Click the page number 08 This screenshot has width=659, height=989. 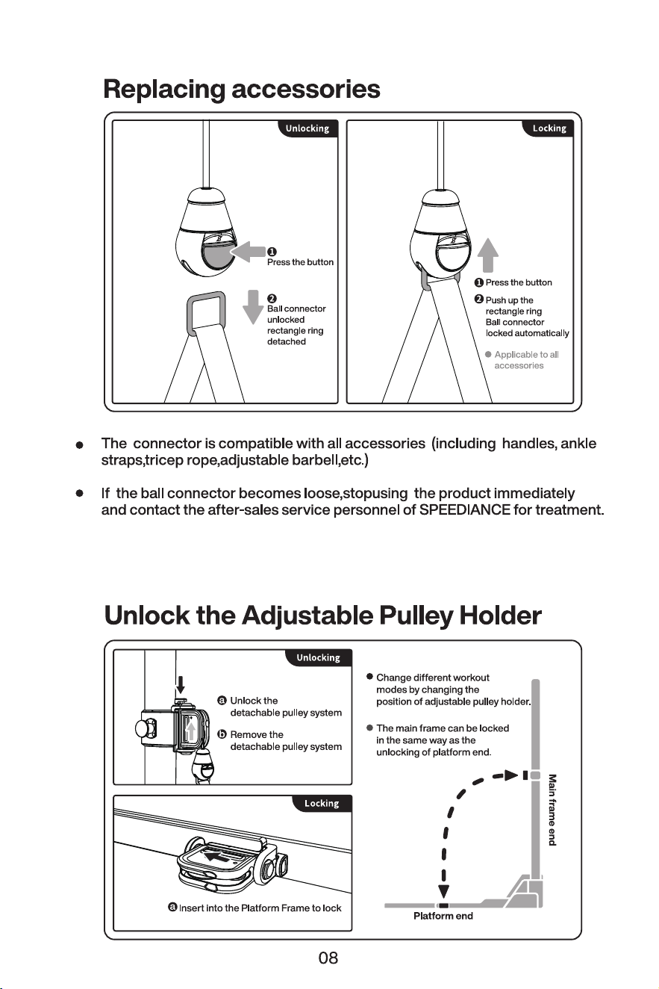tap(328, 958)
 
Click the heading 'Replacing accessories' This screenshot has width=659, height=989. tap(241, 90)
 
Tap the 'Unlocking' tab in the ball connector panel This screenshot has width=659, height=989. tap(307, 128)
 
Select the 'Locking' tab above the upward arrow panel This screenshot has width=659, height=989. tap(549, 128)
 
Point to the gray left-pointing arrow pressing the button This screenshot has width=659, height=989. tap(248, 252)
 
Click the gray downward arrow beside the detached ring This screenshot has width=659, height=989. tap(253, 307)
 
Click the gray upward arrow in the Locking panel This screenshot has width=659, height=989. tap(488, 255)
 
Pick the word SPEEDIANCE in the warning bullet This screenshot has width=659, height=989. tap(465, 510)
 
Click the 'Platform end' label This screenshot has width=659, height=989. tap(443, 916)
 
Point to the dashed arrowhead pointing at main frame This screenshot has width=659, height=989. tap(512, 775)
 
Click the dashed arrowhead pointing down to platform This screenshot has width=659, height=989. tap(444, 891)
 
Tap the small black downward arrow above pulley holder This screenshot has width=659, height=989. tap(181, 685)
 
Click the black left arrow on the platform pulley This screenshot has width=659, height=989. tap(218, 857)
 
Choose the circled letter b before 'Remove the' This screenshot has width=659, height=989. tap(222, 734)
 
